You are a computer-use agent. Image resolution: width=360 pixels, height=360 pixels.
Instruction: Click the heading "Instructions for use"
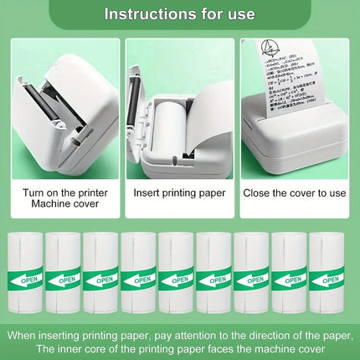pyautogui.click(x=179, y=14)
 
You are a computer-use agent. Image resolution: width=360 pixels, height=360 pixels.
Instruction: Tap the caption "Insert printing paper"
pyautogui.click(x=179, y=192)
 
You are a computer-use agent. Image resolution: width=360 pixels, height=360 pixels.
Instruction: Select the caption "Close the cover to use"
pyautogui.click(x=294, y=192)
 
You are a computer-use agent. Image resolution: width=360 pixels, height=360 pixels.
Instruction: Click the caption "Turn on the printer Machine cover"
pyautogui.click(x=64, y=198)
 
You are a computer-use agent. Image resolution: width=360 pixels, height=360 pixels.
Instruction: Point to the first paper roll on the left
pyautogui.click(x=25, y=272)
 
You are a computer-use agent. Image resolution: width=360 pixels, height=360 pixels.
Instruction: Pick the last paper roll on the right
pyautogui.click(x=327, y=272)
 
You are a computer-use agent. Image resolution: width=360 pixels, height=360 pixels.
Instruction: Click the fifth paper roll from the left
pyautogui.click(x=177, y=272)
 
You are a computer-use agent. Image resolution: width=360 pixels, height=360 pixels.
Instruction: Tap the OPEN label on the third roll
pyautogui.click(x=101, y=279)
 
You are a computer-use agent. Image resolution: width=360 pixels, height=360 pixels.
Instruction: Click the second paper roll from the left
pyautogui.click(x=63, y=272)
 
